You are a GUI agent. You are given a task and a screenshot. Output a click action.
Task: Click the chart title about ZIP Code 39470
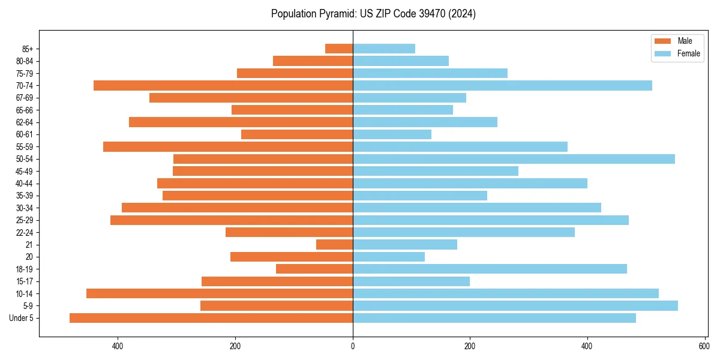coord(373,14)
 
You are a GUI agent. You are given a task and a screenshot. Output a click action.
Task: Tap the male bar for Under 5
coord(211,318)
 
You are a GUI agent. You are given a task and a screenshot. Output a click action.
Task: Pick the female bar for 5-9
coord(515,306)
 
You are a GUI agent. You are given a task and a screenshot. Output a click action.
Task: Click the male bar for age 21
coord(334,245)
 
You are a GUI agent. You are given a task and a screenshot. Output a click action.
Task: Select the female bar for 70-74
coord(502,86)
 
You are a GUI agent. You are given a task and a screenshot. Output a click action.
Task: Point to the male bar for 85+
coord(339,49)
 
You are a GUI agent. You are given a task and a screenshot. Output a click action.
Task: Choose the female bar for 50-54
coord(514,159)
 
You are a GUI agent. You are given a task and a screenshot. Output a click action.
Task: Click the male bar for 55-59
coord(228,147)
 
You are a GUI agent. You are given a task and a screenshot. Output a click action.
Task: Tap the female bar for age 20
coord(389,257)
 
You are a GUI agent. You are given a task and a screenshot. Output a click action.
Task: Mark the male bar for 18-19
coord(314,269)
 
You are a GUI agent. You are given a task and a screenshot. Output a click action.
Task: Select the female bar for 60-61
coord(392,134)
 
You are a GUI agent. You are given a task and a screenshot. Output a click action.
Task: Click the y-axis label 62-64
coord(25,122)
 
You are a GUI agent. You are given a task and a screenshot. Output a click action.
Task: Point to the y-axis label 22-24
coord(25,233)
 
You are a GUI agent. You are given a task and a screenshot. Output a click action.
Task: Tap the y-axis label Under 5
coord(22,318)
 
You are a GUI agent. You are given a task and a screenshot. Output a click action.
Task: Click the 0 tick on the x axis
coord(353,346)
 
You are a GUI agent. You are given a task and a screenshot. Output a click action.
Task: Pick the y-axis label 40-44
coord(25,184)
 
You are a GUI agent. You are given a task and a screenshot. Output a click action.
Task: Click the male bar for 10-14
coord(220,293)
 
